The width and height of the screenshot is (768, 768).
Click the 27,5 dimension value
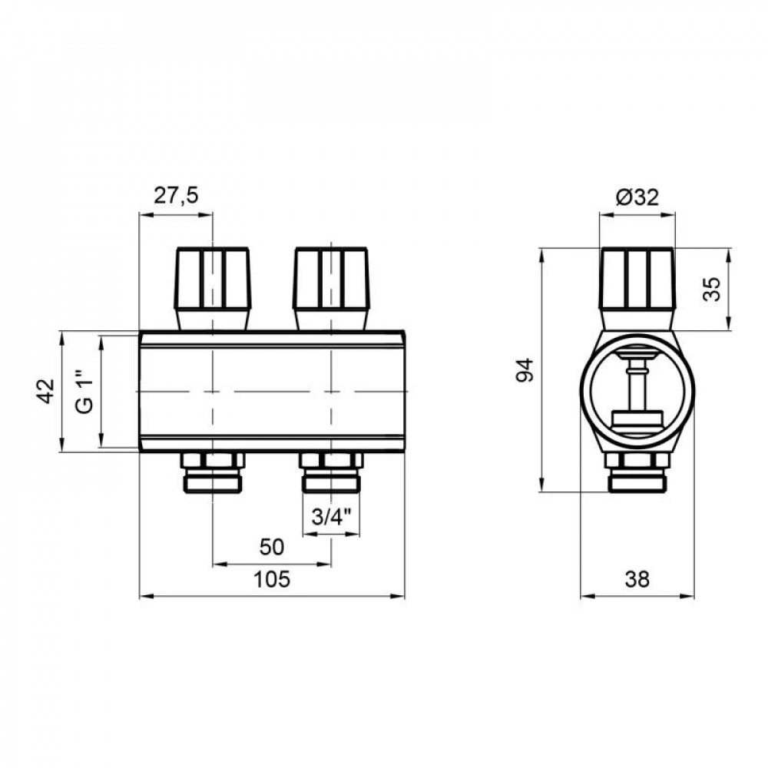point(175,196)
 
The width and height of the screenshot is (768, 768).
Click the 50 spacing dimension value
point(272,547)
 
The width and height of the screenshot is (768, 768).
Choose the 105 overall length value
point(272,580)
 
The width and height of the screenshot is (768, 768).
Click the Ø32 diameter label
point(637,197)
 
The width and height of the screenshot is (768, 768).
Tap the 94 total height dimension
point(525,370)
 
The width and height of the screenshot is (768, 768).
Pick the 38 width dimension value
point(637,580)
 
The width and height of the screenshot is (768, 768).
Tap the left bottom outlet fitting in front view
point(213,472)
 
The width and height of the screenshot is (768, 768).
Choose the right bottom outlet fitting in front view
point(332,472)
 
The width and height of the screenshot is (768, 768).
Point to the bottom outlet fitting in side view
point(637,472)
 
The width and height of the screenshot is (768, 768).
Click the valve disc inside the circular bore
point(637,419)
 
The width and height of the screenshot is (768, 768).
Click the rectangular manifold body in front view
point(272,392)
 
